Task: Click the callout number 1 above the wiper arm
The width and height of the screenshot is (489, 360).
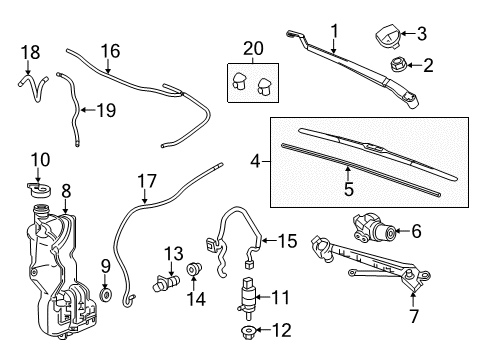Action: (x=335, y=30)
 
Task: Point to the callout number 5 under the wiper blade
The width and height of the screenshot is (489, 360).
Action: (x=349, y=186)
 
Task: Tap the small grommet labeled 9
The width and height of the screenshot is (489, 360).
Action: (x=105, y=296)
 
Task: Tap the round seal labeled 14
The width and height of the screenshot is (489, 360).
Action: (x=193, y=270)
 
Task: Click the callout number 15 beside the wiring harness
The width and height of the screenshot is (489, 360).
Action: (x=287, y=240)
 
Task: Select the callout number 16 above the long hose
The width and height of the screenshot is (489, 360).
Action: (x=109, y=49)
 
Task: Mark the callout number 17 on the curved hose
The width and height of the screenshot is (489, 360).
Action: (x=147, y=182)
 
